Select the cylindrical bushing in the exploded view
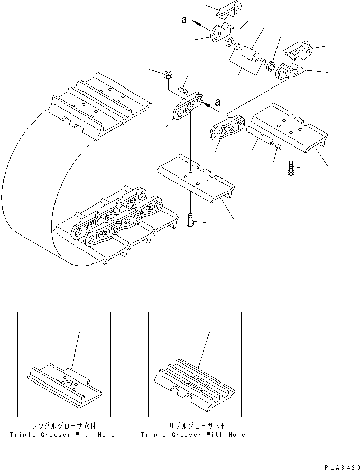pyautogui.click(x=250, y=53)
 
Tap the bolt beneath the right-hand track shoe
pyautogui.click(x=290, y=169)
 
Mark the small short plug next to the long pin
pyautogui.click(x=279, y=147)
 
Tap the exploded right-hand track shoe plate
pyautogui.click(x=290, y=130)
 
